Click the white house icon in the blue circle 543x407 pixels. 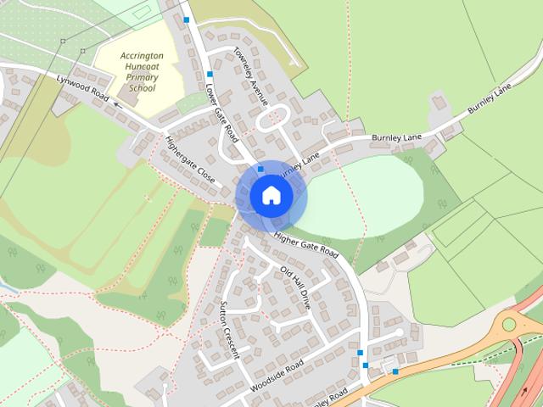[271, 195]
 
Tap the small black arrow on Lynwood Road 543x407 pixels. [117, 106]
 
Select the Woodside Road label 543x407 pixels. [277, 376]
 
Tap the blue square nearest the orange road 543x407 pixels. [395, 371]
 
